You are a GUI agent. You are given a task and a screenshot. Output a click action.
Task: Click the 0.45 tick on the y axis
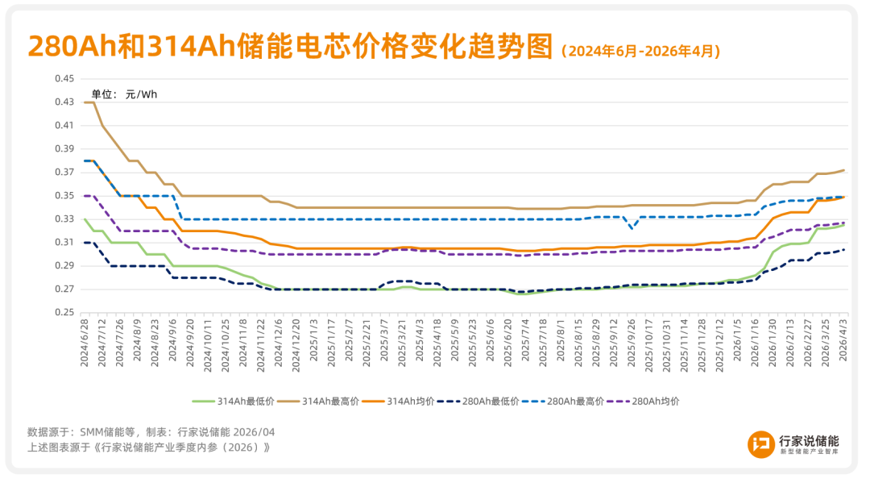64,79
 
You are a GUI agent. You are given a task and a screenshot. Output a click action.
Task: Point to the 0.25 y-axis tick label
64,313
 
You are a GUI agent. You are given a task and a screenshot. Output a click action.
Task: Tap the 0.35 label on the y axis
64,196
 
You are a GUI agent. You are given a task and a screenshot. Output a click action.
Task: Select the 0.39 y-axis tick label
64,149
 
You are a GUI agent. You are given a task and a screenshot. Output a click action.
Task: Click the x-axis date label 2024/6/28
85,343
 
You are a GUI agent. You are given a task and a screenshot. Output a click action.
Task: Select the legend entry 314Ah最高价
322,401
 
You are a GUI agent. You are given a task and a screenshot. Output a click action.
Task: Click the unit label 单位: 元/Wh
124,94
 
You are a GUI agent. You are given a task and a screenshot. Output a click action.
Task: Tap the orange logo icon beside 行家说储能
760,444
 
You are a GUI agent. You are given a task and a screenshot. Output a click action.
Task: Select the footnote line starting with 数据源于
151,431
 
